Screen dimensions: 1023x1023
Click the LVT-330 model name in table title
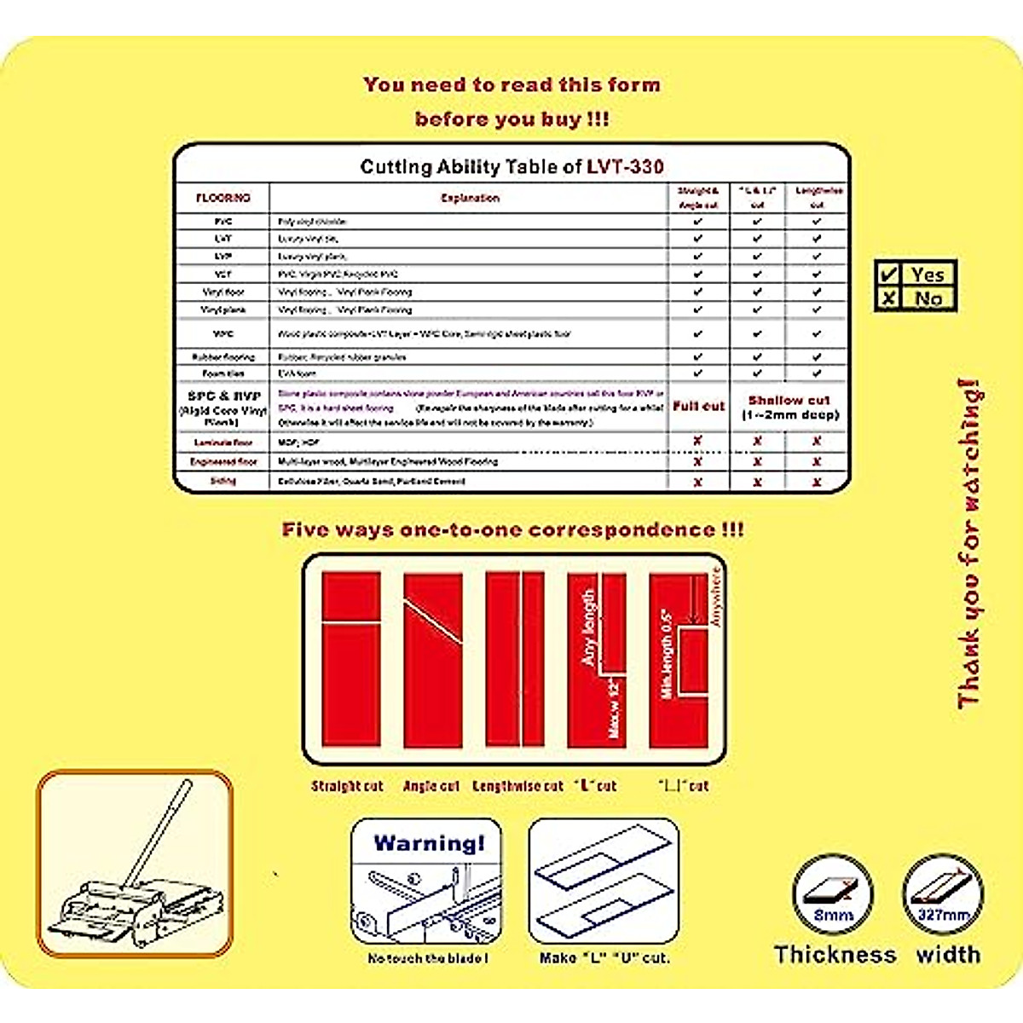[x=625, y=166]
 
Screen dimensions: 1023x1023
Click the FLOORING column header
[x=223, y=198]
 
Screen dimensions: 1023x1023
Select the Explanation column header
[x=470, y=198]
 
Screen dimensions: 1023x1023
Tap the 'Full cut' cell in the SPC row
[x=698, y=407]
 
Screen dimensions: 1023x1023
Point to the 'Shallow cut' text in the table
[x=789, y=400]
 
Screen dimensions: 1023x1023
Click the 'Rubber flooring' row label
[x=223, y=357]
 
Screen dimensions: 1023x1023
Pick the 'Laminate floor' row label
[x=223, y=442]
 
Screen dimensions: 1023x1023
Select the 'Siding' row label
[x=223, y=481]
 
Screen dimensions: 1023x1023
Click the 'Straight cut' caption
[x=347, y=786]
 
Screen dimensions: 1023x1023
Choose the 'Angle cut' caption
[x=431, y=786]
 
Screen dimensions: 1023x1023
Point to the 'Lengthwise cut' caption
[x=517, y=786]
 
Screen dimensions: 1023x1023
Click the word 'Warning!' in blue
[x=429, y=843]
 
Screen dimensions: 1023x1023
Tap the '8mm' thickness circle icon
[x=833, y=895]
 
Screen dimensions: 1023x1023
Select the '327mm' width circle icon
[x=943, y=895]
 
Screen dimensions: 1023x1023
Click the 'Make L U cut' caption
[x=604, y=958]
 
